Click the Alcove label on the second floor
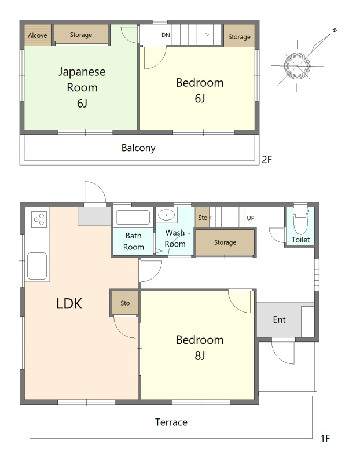pyautogui.click(x=38, y=35)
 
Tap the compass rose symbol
pyautogui.click(x=297, y=65)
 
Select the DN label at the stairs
pyautogui.click(x=166, y=35)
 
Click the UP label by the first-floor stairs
pyautogui.click(x=251, y=218)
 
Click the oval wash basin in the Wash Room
pyautogui.click(x=166, y=215)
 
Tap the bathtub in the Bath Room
pyautogui.click(x=133, y=218)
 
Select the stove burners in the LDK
pyautogui.click(x=39, y=219)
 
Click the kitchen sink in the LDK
pyautogui.click(x=37, y=266)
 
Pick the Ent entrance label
pyautogui.click(x=279, y=319)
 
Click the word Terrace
pyautogui.click(x=171, y=422)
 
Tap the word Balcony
pyautogui.click(x=138, y=148)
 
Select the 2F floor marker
pyautogui.click(x=267, y=160)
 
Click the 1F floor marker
pyautogui.click(x=325, y=439)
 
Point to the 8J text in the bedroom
pyautogui.click(x=200, y=355)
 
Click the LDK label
pyautogui.click(x=69, y=303)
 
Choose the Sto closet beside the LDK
pyautogui.click(x=125, y=303)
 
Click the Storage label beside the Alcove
pyautogui.click(x=81, y=35)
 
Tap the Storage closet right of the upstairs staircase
pyautogui.click(x=239, y=36)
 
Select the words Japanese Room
pyautogui.click(x=82, y=80)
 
